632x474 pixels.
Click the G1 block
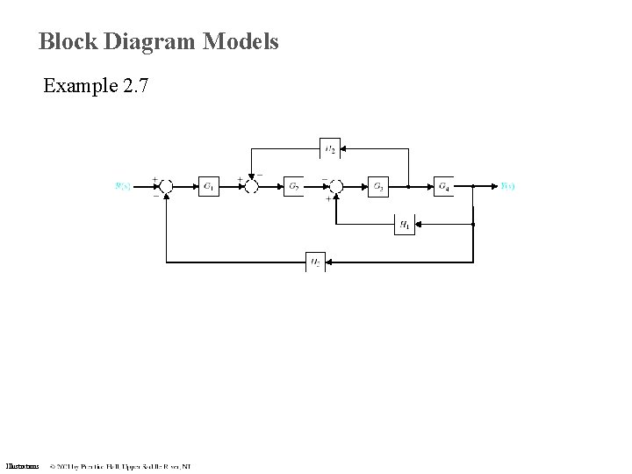pyautogui.click(x=208, y=186)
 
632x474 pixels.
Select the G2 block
pyautogui.click(x=294, y=186)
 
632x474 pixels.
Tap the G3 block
pyautogui.click(x=377, y=186)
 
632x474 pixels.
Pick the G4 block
pyautogui.click(x=444, y=186)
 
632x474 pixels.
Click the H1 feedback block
pyautogui.click(x=405, y=225)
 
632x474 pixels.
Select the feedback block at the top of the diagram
pyautogui.click(x=329, y=149)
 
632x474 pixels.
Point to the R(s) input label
pyautogui.click(x=123, y=186)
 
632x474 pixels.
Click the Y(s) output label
pyautogui.click(x=507, y=186)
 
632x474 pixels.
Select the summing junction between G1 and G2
pyautogui.click(x=251, y=186)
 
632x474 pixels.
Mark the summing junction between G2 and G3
pyautogui.click(x=337, y=186)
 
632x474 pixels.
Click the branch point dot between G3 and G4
pyautogui.click(x=409, y=186)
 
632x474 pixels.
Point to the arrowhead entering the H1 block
pyautogui.click(x=419, y=225)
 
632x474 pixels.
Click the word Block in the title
pyautogui.click(x=68, y=41)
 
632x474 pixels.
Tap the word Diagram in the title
pyautogui.click(x=151, y=41)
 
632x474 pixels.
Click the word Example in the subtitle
pyautogui.click(x=80, y=86)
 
